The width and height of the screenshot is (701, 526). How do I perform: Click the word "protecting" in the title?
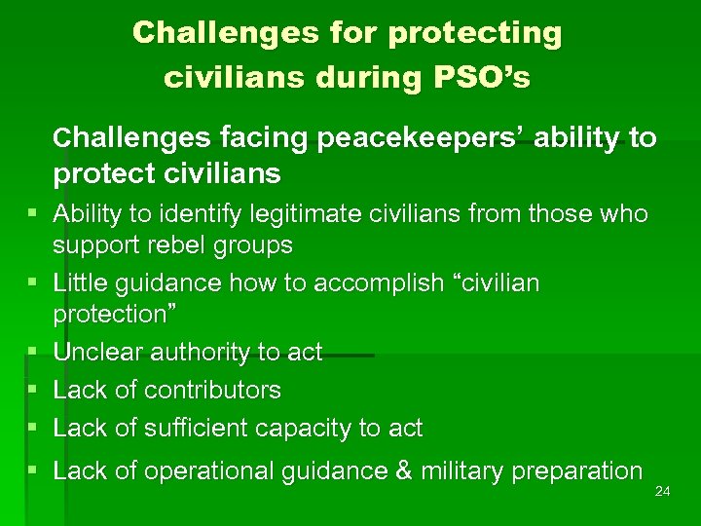point(475,33)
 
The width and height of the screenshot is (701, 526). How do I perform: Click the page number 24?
point(663,491)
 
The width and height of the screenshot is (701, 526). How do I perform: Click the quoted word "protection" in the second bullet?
point(111,314)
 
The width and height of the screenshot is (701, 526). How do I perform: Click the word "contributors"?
point(212,390)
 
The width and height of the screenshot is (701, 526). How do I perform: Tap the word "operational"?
point(212,471)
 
